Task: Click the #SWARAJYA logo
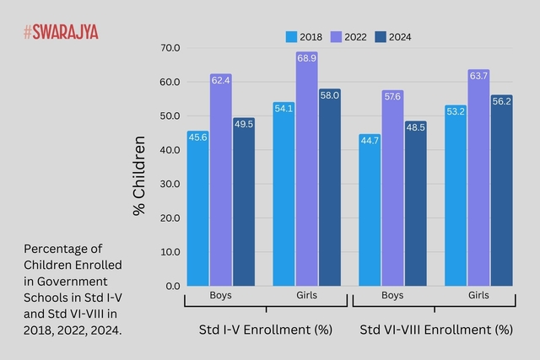61,32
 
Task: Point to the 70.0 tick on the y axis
170,48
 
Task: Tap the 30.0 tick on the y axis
170,184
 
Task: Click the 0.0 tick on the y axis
172,286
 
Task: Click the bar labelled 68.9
306,169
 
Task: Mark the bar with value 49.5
243,202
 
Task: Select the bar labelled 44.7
370,210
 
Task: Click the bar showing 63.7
478,178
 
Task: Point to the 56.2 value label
501,101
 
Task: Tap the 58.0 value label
329,95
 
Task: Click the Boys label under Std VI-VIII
392,296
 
